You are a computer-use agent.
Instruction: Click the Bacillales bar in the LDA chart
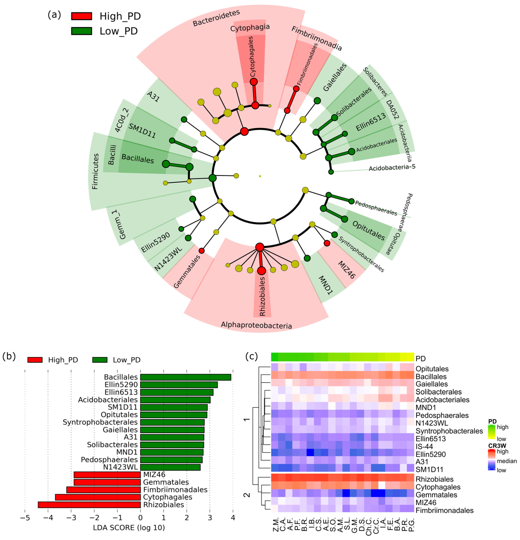186,377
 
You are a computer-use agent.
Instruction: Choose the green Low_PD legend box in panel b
100,360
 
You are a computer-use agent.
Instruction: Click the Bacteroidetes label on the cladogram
216,18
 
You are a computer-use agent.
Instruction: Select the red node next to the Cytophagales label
253,82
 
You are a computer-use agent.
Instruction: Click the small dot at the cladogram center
260,176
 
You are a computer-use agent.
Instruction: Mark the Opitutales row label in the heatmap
432,369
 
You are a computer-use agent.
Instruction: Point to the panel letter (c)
251,357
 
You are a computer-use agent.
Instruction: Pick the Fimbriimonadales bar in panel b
104,490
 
